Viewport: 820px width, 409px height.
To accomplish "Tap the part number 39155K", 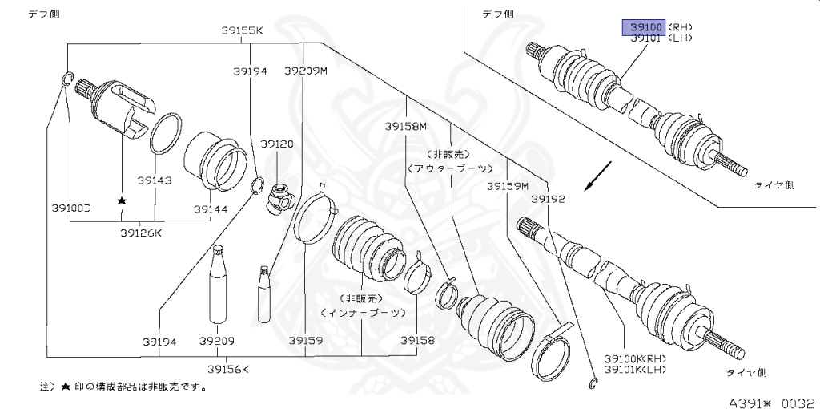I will (x=242, y=30).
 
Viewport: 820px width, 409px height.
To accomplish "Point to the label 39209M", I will (x=306, y=71).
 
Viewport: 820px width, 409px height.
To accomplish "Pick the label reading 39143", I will (x=154, y=180).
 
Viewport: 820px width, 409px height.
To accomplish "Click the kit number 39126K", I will (x=141, y=233).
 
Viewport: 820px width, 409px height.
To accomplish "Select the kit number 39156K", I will (x=228, y=369).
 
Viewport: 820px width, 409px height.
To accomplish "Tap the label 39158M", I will (x=405, y=126).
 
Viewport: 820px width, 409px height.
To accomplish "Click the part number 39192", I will (x=549, y=197).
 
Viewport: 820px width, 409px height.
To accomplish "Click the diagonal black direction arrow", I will (x=598, y=176).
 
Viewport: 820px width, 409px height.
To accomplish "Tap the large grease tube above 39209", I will (x=218, y=288).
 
